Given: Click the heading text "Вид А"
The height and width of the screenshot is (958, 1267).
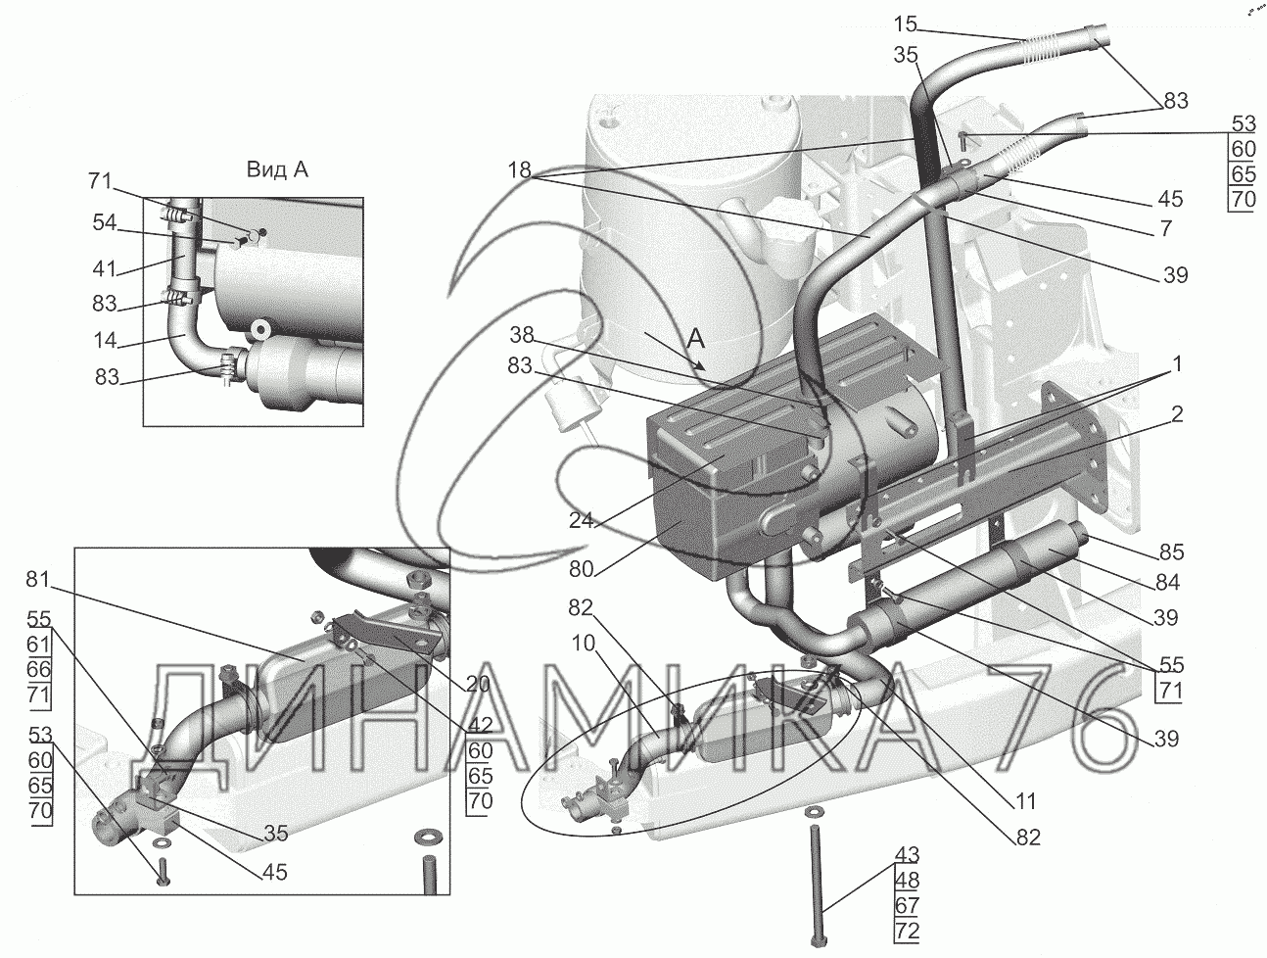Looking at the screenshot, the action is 275,169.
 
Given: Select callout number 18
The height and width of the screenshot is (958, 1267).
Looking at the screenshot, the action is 520,171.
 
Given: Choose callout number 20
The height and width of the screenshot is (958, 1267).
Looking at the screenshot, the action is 479,685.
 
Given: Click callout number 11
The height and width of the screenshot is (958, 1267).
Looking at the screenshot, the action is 1024,801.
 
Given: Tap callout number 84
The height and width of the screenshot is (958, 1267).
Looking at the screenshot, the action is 1167,584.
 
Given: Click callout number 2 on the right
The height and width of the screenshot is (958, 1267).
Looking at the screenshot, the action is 1177,413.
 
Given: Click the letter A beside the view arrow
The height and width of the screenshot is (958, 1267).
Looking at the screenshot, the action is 696,339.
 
